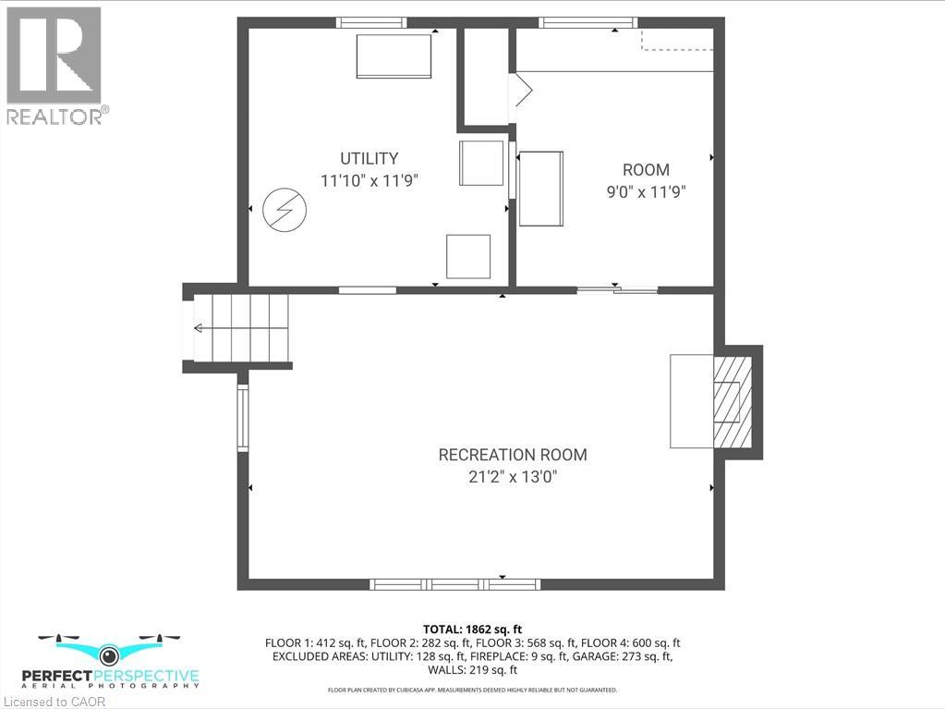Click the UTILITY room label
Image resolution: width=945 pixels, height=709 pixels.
click(369, 158)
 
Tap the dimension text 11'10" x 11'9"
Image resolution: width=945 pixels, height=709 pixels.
click(370, 181)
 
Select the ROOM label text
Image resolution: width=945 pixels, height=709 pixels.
click(646, 170)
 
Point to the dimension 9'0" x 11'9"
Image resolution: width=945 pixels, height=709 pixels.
click(646, 192)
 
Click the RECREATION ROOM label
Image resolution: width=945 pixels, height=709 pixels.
click(512, 455)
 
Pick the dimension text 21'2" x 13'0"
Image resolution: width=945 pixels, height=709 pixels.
click(512, 478)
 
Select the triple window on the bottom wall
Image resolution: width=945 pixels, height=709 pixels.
click(454, 584)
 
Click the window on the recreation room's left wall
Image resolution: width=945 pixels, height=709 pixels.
click(243, 418)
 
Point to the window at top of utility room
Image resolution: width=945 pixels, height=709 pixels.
click(370, 23)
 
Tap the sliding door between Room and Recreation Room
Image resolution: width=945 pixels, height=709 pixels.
click(617, 290)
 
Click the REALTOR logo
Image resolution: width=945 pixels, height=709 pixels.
click(55, 65)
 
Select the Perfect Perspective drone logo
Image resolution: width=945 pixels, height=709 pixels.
click(119, 661)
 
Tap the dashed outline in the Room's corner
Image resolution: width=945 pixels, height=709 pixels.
click(677, 41)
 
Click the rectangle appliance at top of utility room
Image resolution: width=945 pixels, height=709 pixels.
click(394, 56)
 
